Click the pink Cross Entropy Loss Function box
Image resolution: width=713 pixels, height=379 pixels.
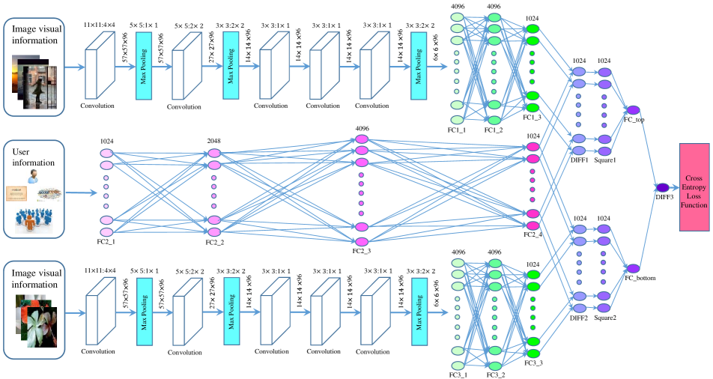[694, 188]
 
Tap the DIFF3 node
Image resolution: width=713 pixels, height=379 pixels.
[662, 187]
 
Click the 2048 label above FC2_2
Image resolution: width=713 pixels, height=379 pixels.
[214, 140]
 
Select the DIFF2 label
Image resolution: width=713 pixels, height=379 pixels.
[579, 317]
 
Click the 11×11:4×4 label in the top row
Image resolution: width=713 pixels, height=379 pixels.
[100, 25]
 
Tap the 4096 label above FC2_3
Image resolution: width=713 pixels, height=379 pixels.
[362, 128]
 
